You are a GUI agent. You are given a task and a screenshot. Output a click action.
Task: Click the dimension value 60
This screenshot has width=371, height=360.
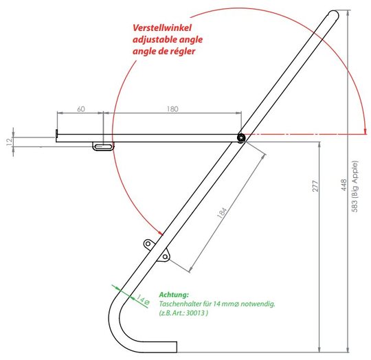(81, 109)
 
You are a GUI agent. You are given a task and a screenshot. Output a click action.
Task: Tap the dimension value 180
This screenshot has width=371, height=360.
(172, 109)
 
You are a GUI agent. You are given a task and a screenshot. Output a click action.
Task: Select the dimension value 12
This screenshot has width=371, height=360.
(9, 142)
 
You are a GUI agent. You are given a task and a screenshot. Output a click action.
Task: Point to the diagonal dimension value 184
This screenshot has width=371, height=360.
(222, 213)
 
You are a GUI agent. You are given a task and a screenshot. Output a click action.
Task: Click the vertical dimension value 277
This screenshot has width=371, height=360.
(315, 186)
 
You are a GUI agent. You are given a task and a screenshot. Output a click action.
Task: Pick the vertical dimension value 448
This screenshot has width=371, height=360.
(344, 185)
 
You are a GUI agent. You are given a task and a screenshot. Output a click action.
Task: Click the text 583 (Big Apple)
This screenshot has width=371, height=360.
(355, 186)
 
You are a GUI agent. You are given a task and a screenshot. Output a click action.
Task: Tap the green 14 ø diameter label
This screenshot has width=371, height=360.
(144, 300)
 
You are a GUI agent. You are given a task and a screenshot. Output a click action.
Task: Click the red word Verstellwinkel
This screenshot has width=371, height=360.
(162, 28)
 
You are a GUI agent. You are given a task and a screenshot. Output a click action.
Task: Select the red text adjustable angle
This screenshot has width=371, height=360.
(168, 40)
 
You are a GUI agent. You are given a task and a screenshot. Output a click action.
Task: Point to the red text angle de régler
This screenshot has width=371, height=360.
(164, 52)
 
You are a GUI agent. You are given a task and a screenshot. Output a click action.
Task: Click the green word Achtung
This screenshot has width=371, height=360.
(174, 295)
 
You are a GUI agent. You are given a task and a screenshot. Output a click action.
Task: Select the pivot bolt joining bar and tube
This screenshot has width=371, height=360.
(241, 138)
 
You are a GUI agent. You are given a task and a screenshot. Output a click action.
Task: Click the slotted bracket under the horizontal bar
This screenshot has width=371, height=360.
(103, 146)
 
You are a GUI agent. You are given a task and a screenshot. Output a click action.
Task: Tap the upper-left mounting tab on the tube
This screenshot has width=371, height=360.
(149, 244)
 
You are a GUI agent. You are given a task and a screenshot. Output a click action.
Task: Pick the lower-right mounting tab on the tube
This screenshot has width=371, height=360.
(164, 256)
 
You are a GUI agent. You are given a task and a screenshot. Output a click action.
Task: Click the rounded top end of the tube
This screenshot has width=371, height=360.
(334, 14)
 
